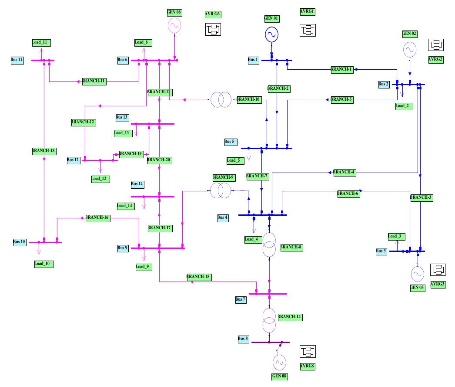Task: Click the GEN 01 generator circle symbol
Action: pyautogui.click(x=271, y=34)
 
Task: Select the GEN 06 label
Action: pyautogui.click(x=174, y=12)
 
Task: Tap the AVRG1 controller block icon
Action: pyautogui.click(x=308, y=30)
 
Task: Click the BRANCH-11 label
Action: pyautogui.click(x=94, y=81)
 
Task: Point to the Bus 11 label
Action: pyautogui.click(x=17, y=60)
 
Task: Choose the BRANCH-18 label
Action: pyautogui.click(x=43, y=151)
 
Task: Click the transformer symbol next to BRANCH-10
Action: pyautogui.click(x=221, y=99)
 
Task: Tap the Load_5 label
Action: pyautogui.click(x=233, y=160)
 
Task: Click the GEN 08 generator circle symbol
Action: pyautogui.click(x=279, y=362)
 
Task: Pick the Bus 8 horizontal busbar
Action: pyautogui.click(x=270, y=342)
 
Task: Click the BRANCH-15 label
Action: pyautogui.click(x=199, y=277)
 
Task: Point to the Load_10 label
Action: pyautogui.click(x=43, y=264)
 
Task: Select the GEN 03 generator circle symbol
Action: pyautogui.click(x=417, y=273)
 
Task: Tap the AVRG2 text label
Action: pyautogui.click(x=435, y=60)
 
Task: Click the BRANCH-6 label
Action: pyautogui.click(x=348, y=194)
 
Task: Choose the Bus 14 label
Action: pyautogui.click(x=137, y=184)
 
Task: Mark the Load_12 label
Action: pyautogui.click(x=100, y=179)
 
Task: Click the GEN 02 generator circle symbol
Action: pyautogui.click(x=409, y=50)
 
